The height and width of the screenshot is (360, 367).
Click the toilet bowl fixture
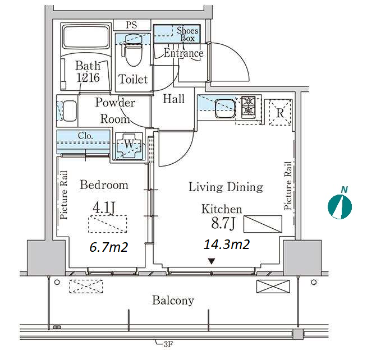134,52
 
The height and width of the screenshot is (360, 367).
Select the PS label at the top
131,25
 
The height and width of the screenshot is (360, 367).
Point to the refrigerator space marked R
280,113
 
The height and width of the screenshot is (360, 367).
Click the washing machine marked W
129,146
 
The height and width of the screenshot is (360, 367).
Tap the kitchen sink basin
225,109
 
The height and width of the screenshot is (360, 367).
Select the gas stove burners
248,105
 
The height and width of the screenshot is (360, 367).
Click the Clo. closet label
85,136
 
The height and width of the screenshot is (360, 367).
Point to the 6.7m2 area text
109,247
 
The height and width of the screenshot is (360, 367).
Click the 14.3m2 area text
227,244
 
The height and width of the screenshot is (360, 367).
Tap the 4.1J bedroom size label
104,207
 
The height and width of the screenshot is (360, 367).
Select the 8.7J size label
223,223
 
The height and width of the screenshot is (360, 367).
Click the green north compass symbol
340,207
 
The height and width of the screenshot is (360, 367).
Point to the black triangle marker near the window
212,261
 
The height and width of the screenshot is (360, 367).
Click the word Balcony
173,301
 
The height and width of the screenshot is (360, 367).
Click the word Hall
173,99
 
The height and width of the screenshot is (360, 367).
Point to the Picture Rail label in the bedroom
63,195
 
